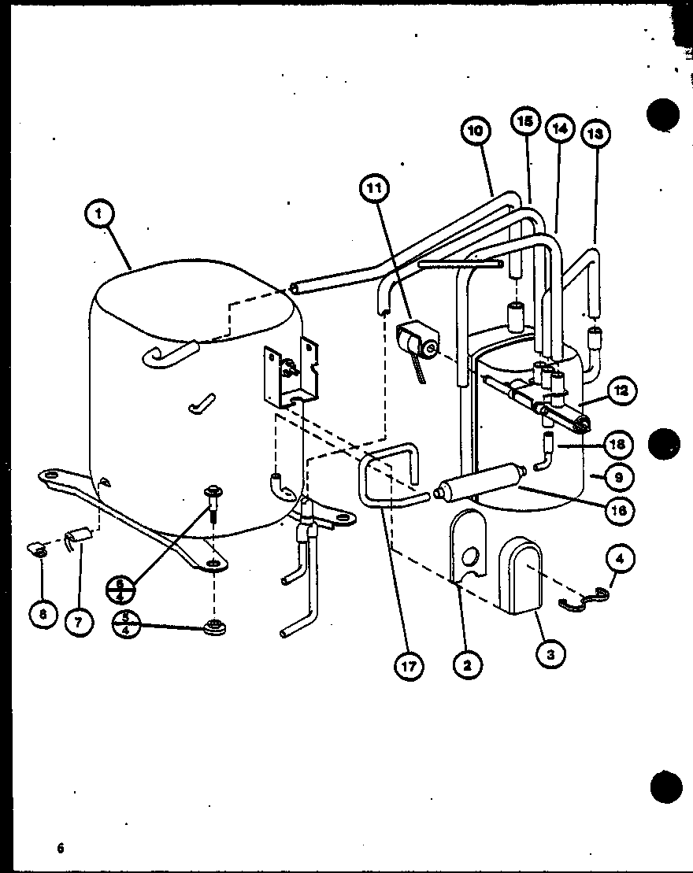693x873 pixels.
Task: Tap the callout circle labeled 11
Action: pos(376,188)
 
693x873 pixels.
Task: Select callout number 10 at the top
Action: pos(477,131)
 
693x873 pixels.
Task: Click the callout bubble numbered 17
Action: pos(408,667)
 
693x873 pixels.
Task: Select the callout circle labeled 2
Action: pos(468,665)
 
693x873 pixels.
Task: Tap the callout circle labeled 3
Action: pos(550,653)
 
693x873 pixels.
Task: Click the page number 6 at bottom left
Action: pos(59,848)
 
